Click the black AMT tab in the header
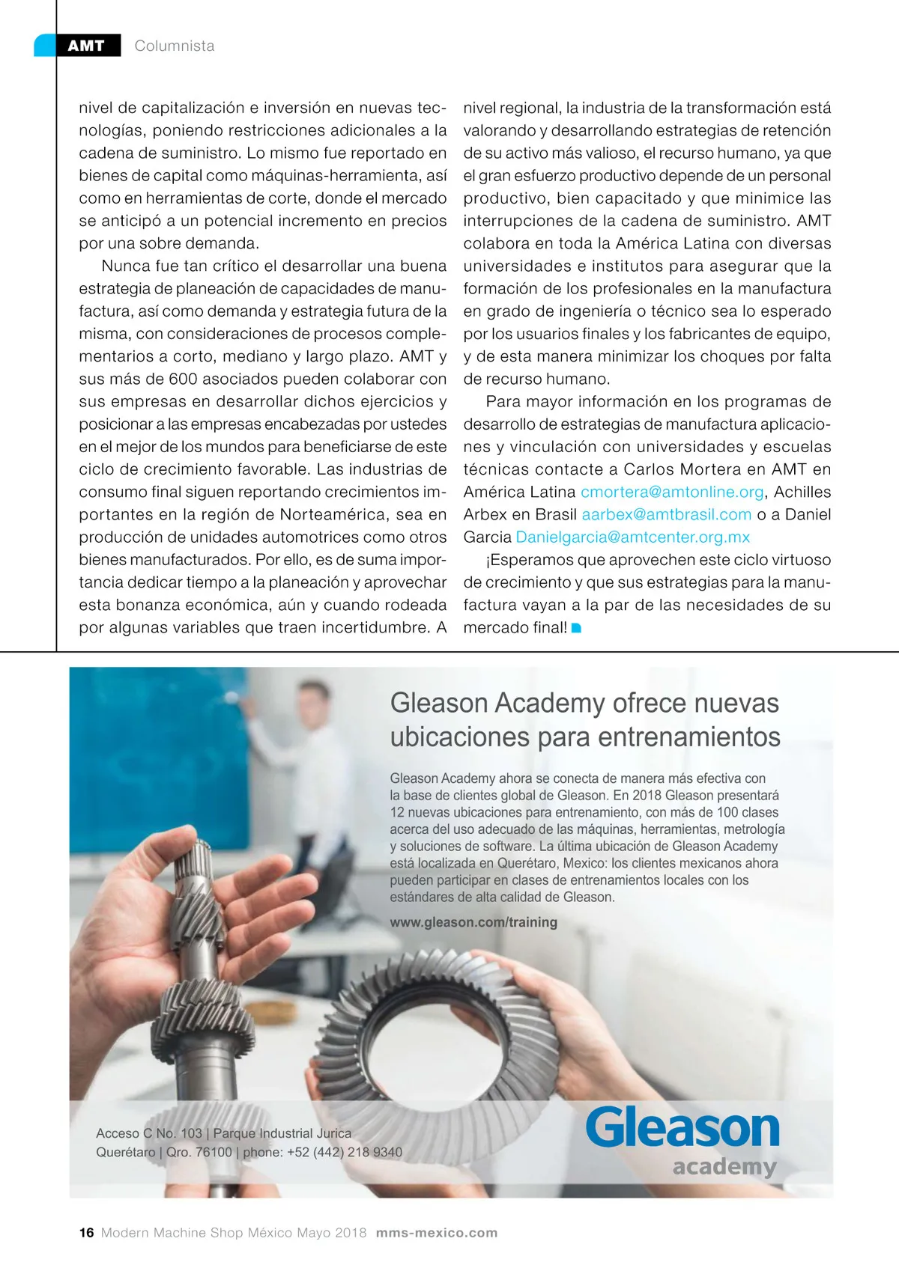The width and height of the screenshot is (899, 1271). pyautogui.click(x=87, y=46)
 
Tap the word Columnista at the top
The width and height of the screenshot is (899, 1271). pyautogui.click(x=175, y=46)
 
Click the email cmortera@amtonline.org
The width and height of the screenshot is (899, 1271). pyautogui.click(x=672, y=492)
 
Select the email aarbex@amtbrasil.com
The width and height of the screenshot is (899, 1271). pyautogui.click(x=666, y=514)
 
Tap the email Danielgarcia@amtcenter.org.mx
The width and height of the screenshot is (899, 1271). pyautogui.click(x=632, y=537)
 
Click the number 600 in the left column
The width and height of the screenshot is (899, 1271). pyautogui.click(x=183, y=379)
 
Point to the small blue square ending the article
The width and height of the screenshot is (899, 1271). pyautogui.click(x=576, y=628)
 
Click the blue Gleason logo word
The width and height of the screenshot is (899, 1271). pyautogui.click(x=682, y=1129)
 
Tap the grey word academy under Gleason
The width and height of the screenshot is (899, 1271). pyautogui.click(x=724, y=1166)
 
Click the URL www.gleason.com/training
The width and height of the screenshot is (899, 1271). pyautogui.click(x=473, y=922)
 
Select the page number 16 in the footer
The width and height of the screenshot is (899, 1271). pyautogui.click(x=87, y=1233)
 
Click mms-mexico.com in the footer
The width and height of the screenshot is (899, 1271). pyautogui.click(x=437, y=1233)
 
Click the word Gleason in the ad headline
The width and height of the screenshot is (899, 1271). pyautogui.click(x=439, y=704)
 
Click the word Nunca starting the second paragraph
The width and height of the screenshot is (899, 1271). pyautogui.click(x=126, y=266)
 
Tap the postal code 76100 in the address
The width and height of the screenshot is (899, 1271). pyautogui.click(x=214, y=1152)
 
